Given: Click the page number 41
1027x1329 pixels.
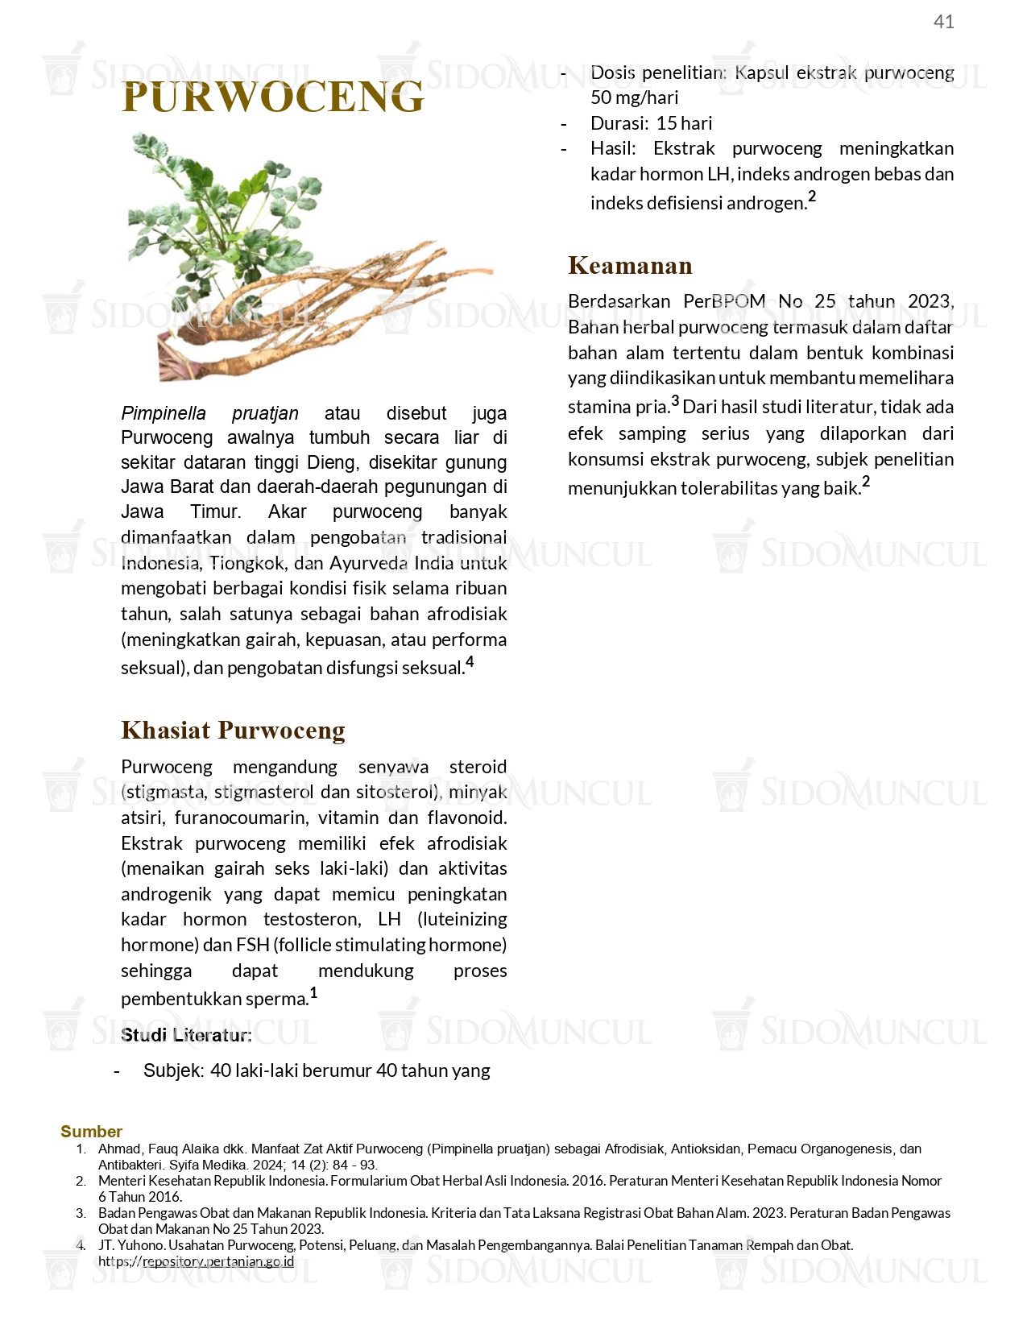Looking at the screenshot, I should [x=943, y=22].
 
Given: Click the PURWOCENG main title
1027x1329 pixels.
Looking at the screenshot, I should [x=272, y=97].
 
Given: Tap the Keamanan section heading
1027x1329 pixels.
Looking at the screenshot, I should [x=630, y=265].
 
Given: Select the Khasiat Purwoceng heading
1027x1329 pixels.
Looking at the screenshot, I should [x=233, y=730].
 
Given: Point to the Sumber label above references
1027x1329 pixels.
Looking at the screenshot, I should [x=91, y=1132].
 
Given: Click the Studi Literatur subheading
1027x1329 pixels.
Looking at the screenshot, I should [x=186, y=1035].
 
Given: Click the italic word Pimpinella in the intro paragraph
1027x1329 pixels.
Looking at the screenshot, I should [x=164, y=413].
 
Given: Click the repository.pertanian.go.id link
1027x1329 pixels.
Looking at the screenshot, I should [x=217, y=1261].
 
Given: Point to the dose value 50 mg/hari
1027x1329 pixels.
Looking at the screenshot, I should [x=635, y=97].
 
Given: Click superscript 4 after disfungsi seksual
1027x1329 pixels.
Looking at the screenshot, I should [x=470, y=662].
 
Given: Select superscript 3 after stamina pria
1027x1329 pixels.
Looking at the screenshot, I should [x=675, y=401].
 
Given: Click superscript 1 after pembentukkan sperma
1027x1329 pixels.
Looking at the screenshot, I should [x=313, y=993].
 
